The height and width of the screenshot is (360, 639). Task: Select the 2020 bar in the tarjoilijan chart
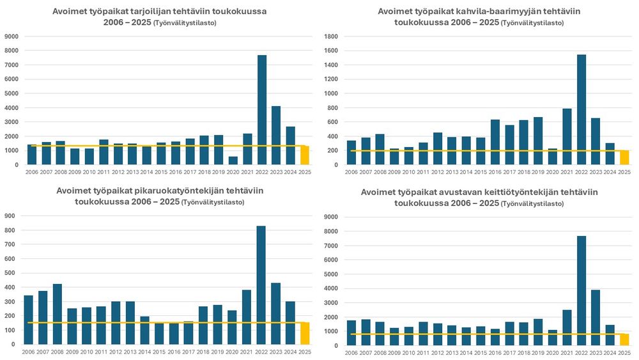point(233,160)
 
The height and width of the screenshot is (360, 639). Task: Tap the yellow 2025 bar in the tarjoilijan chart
point(305,155)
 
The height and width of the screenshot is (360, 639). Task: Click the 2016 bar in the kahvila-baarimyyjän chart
point(495,142)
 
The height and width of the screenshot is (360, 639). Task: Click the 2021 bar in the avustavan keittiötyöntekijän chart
point(567,327)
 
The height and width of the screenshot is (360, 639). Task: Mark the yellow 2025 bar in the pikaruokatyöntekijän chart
point(305,333)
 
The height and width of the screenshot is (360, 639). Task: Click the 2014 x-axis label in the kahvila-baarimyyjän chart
point(466,172)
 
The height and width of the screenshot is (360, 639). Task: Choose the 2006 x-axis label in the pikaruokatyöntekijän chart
point(28,352)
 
